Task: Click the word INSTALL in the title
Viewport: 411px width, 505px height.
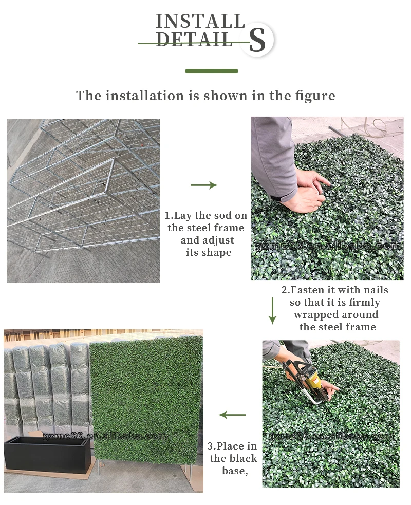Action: pos(200,21)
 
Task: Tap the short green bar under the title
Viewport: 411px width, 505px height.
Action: pos(211,71)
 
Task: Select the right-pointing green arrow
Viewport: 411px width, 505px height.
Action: pos(204,185)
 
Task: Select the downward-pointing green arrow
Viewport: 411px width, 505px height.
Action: pos(272,310)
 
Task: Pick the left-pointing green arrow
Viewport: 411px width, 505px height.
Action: pos(232,415)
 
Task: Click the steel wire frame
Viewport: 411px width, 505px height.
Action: pos(82,195)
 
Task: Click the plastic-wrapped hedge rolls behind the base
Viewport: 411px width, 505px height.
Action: pos(46,385)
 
